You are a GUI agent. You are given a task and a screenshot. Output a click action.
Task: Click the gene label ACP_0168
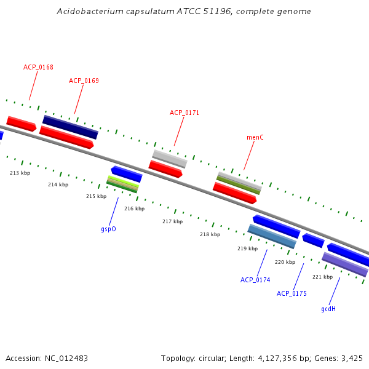coord(38,67)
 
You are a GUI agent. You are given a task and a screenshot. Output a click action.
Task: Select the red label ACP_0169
coord(84,81)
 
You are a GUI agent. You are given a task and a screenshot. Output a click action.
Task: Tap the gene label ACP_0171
coord(184,113)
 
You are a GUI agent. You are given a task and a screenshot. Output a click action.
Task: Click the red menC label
coord(255,137)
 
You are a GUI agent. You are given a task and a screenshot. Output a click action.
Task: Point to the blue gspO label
coord(108,229)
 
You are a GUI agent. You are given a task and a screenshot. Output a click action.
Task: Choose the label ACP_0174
coord(255,280)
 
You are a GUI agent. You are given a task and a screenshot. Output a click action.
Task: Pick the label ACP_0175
coord(292,293)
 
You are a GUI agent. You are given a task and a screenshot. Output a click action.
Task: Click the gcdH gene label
coord(328,309)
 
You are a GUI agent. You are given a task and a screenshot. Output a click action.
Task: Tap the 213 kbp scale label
coord(20,173)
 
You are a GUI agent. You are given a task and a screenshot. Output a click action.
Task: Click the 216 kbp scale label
coord(134,208)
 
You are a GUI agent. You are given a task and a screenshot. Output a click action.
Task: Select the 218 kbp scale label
coord(210,234)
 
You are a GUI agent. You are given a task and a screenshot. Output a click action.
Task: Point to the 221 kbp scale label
coord(322,277)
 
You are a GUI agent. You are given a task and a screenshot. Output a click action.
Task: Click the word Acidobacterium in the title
coord(84,12)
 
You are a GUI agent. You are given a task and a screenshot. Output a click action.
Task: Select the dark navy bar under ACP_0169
coord(70,127)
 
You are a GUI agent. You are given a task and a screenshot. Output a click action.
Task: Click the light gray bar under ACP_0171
coord(170,159)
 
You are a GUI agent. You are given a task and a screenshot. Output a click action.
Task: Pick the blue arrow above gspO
coord(127,174)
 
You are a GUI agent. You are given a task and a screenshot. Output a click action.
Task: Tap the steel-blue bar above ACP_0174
coord(272,236)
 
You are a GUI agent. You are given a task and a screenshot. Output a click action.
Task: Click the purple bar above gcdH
coord(345,264)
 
